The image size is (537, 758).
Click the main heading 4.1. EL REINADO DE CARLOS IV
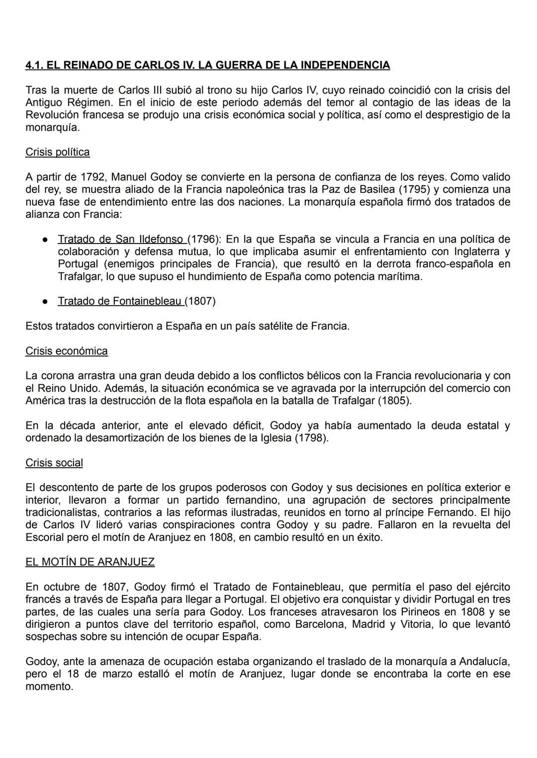pyautogui.click(x=207, y=65)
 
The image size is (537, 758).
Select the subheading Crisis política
pyautogui.click(x=58, y=152)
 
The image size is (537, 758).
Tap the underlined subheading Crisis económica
pyautogui.click(x=67, y=351)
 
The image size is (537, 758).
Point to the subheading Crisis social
pyautogui.click(x=54, y=463)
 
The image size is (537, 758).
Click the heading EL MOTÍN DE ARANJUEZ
pyautogui.click(x=90, y=562)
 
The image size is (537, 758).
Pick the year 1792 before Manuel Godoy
pyautogui.click(x=94, y=177)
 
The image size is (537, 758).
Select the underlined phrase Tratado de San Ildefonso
pyautogui.click(x=120, y=239)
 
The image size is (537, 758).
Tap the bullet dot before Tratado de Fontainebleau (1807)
pyautogui.click(x=45, y=301)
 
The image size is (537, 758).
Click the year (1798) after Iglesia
pyautogui.click(x=312, y=438)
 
